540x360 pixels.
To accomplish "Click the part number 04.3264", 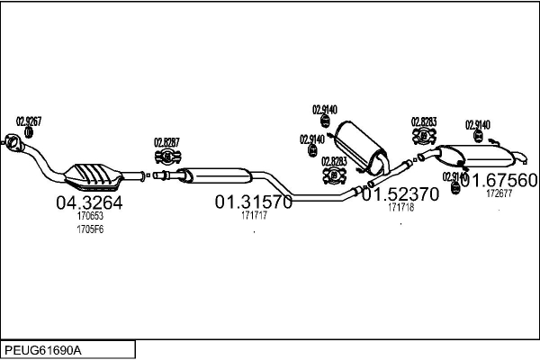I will [89, 203].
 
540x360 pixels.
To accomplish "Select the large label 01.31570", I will [253, 203].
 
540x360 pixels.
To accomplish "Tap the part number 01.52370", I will [400, 194].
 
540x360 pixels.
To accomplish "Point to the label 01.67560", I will [499, 179].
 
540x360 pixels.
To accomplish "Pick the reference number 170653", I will [90, 217].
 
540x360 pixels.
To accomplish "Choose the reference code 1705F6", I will [90, 230].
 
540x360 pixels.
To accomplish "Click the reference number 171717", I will [253, 217].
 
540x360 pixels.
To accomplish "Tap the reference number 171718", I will [400, 208].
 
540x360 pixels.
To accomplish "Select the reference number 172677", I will [499, 193].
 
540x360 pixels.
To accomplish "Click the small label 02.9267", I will [29, 121].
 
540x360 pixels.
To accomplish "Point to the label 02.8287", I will [166, 141].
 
